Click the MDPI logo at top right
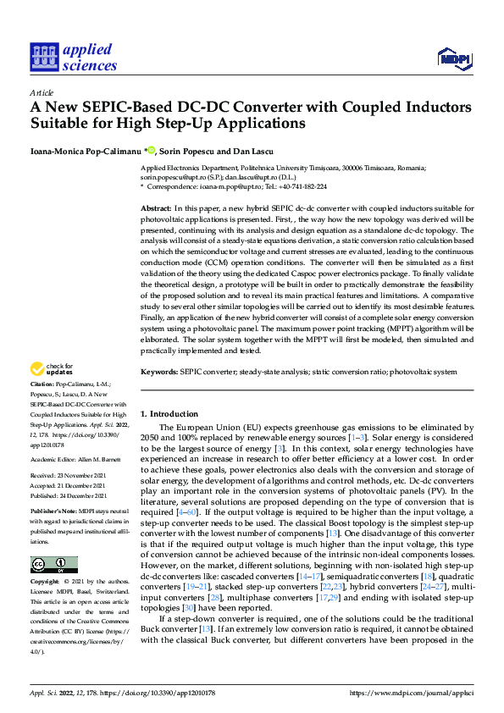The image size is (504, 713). pyautogui.click(x=453, y=57)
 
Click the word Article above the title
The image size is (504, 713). pyautogui.click(x=42, y=92)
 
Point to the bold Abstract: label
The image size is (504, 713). pyautogui.click(x=155, y=208)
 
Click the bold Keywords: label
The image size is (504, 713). pyautogui.click(x=158, y=372)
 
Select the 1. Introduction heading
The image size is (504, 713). pyautogui.click(x=169, y=414)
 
